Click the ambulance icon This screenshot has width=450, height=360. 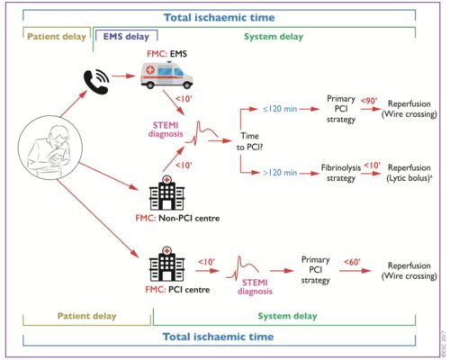166,75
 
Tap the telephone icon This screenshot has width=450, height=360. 96,82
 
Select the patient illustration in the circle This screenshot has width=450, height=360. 50,148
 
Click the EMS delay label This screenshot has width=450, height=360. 126,37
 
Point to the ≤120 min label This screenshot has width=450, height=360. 280,109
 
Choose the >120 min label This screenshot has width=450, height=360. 280,173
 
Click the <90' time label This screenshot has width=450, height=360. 369,101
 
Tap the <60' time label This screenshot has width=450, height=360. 352,262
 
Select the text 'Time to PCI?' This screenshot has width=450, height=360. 249,141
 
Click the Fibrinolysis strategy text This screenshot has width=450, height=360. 341,173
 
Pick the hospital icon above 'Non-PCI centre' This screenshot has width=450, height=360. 166,193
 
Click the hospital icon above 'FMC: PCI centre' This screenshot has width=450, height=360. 166,264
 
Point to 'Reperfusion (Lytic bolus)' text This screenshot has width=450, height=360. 409,173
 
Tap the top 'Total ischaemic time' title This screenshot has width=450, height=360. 220,17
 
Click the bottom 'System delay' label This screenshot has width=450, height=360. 287,316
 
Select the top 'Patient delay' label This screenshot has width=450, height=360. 57,37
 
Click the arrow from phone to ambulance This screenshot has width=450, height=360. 123,76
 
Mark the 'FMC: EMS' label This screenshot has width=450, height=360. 166,54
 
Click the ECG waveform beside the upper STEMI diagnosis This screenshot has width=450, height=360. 202,133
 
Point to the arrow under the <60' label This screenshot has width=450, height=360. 355,271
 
